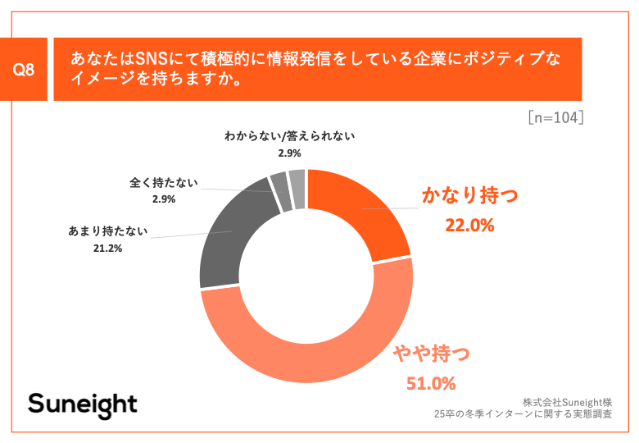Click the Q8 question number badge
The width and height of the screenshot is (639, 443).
[25, 71]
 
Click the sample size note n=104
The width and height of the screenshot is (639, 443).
[555, 117]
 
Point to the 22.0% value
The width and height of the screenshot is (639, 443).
[469, 225]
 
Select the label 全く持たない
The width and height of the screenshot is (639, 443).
[163, 181]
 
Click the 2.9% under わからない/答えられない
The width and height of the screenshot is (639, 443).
[289, 153]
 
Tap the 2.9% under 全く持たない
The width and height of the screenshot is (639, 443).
[163, 199]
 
